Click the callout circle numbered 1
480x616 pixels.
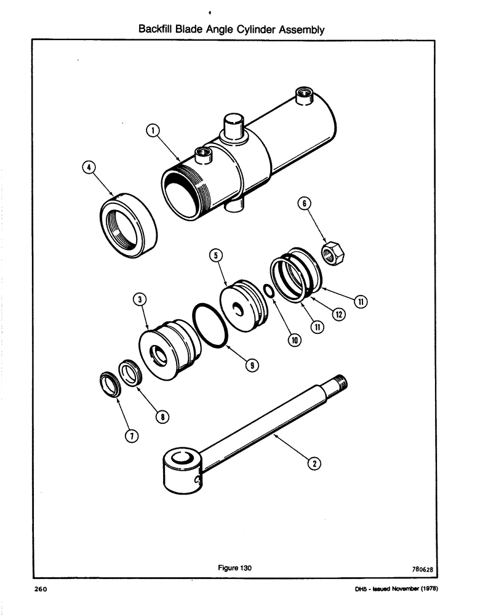pos(153,130)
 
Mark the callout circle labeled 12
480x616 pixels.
pos(338,314)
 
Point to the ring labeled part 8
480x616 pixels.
pos(132,373)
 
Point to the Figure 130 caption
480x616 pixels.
pos(235,568)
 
